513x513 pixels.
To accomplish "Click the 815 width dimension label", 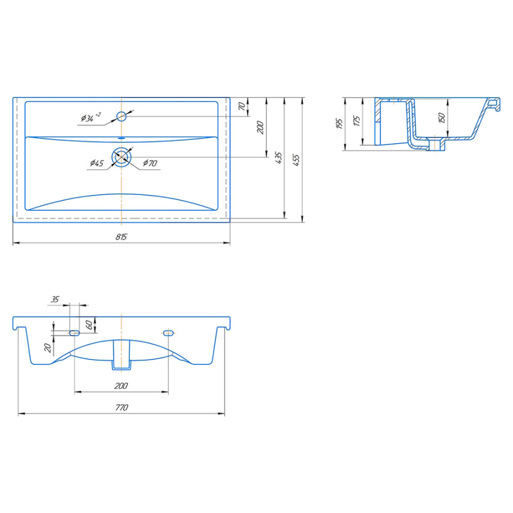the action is click(x=121, y=237).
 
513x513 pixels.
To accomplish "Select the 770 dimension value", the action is click(x=121, y=408).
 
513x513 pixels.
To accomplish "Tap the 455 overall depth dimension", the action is click(x=296, y=160).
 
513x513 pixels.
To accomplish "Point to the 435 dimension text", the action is click(x=278, y=157).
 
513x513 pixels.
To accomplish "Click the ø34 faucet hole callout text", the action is click(x=91, y=117).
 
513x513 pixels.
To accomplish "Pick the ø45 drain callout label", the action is click(x=97, y=163).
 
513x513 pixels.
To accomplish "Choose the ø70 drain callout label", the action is click(x=150, y=162).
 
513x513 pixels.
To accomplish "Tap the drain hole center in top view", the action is click(x=121, y=157).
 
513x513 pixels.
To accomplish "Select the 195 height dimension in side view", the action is click(x=339, y=124).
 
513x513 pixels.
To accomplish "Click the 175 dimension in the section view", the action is click(x=357, y=121).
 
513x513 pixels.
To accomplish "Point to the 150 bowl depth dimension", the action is click(x=442, y=118).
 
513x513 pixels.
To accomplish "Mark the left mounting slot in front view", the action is click(x=74, y=333).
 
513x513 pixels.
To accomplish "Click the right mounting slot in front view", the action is click(x=168, y=333).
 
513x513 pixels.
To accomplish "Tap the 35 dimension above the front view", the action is click(x=55, y=299).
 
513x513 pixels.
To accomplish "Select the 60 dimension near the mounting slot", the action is click(x=89, y=325).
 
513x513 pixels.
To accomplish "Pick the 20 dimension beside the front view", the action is click(x=48, y=348).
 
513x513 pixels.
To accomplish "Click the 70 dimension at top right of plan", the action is click(x=242, y=106).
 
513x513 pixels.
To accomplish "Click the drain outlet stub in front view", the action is click(x=121, y=355).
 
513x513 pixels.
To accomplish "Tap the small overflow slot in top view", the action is click(x=121, y=138).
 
